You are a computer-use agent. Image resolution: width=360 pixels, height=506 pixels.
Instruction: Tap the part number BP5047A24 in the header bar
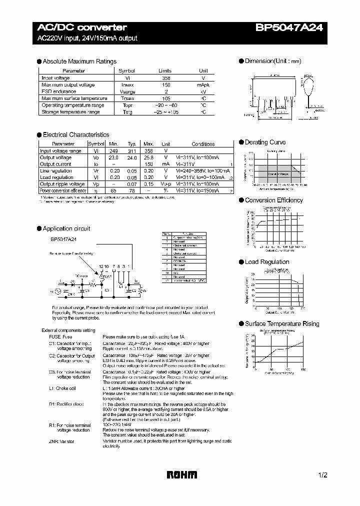pos(295,27)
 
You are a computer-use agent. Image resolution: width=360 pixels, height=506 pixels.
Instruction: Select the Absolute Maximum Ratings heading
pos(79,61)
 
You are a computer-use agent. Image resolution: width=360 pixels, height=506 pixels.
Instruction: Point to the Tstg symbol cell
pos(127,112)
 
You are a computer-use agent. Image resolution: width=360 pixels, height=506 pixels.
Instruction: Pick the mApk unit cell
pos(203,85)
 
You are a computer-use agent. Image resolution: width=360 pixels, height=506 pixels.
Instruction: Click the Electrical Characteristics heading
pos(76,135)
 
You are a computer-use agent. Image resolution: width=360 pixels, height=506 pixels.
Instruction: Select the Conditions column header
pos(203,144)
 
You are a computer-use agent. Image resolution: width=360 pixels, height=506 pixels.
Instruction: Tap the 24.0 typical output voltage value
pos(131,157)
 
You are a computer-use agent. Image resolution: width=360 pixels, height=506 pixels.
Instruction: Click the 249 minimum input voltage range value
pos(113,151)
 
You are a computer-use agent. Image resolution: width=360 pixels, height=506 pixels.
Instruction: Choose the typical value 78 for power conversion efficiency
pos(131,191)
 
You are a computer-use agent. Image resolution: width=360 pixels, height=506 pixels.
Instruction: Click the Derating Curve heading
pos(265,142)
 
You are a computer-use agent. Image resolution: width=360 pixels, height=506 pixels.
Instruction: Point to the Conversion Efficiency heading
pos(273,200)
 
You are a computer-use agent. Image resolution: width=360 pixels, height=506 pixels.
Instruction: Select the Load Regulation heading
pos(267,262)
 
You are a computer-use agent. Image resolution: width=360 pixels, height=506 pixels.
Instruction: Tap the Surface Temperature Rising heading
pos(281,324)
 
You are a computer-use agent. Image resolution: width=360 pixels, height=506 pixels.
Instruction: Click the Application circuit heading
pos(66,228)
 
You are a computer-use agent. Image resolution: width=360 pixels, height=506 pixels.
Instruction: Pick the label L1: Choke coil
pos(62,388)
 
